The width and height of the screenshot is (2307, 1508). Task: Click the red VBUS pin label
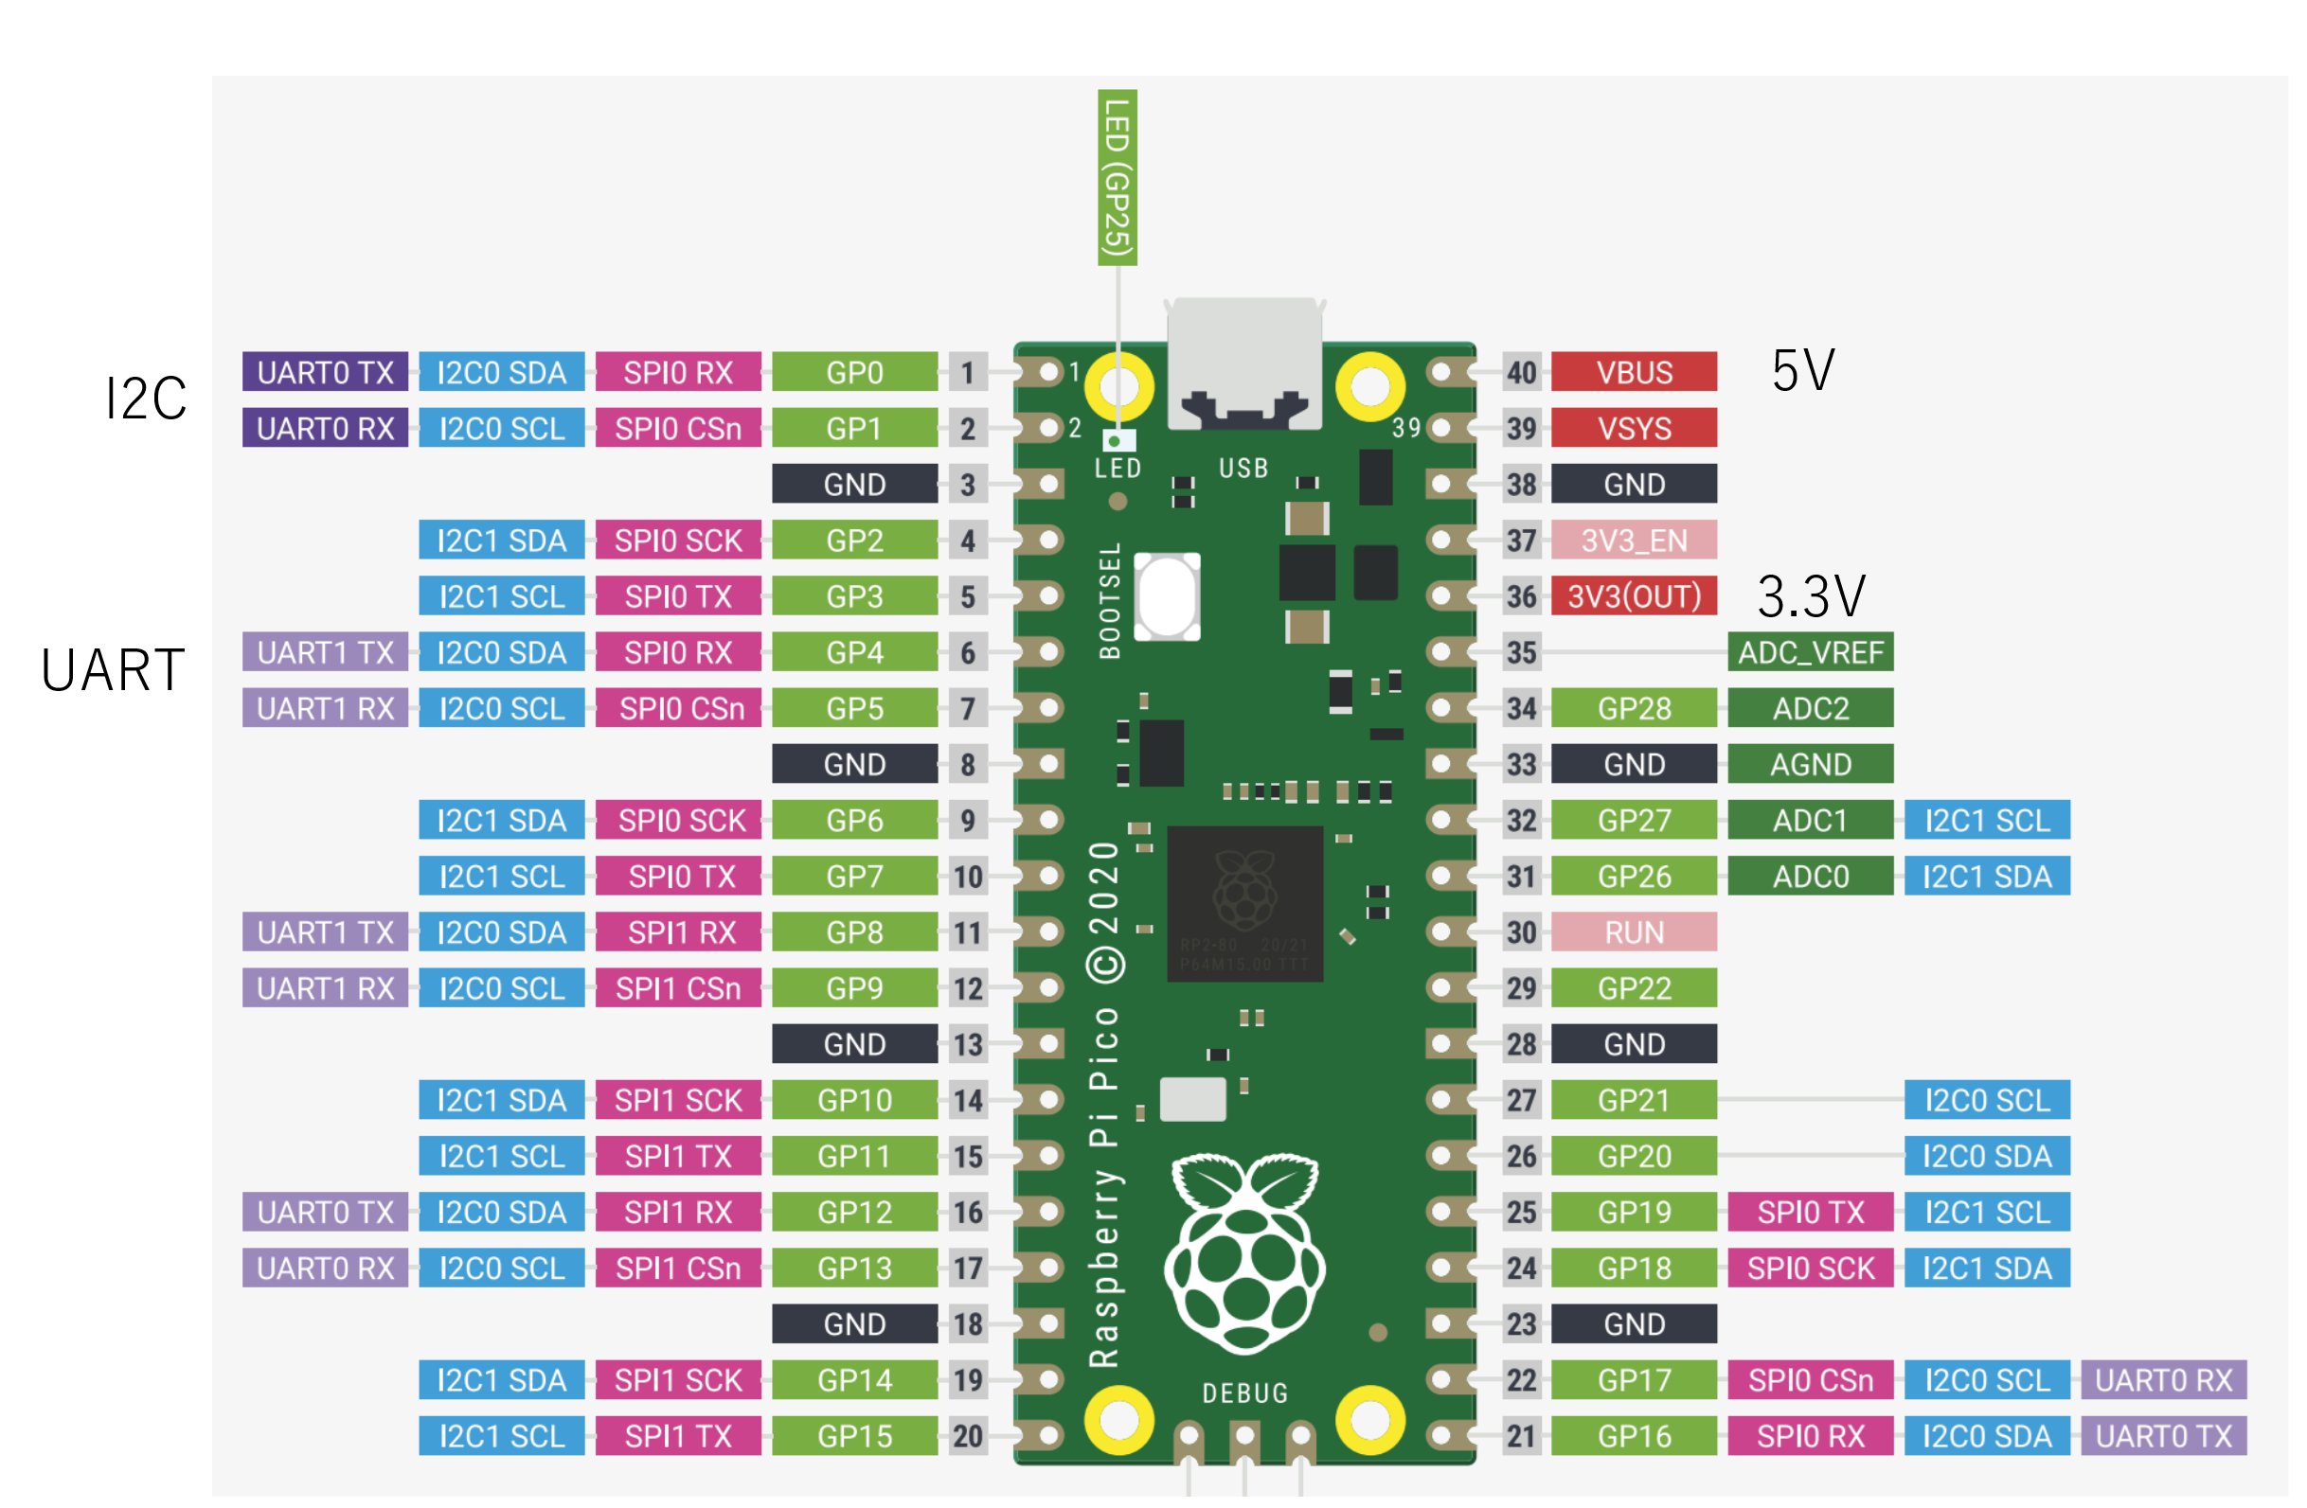click(1634, 372)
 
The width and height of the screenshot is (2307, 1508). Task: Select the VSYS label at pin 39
click(1634, 429)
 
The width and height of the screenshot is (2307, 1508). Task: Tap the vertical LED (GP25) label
click(1117, 178)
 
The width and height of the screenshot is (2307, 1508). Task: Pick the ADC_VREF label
click(1810, 652)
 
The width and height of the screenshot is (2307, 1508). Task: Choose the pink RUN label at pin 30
click(1634, 932)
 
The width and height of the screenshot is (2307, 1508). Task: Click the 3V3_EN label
click(1634, 540)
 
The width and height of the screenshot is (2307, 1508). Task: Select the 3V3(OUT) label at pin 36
click(1634, 596)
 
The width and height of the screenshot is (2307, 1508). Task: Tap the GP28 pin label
click(1634, 708)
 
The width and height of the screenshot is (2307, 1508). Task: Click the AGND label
click(1810, 765)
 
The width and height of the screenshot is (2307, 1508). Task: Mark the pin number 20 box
click(967, 1436)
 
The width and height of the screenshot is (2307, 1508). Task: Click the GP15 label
click(854, 1436)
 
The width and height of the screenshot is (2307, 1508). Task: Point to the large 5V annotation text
click(1803, 370)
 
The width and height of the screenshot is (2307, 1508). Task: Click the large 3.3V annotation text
click(1811, 596)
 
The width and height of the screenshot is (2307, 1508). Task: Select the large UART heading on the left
click(113, 670)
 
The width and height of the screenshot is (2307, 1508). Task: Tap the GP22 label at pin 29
click(1634, 988)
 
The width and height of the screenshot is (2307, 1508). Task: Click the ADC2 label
click(1810, 708)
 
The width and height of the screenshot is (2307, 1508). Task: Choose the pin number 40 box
click(1521, 372)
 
